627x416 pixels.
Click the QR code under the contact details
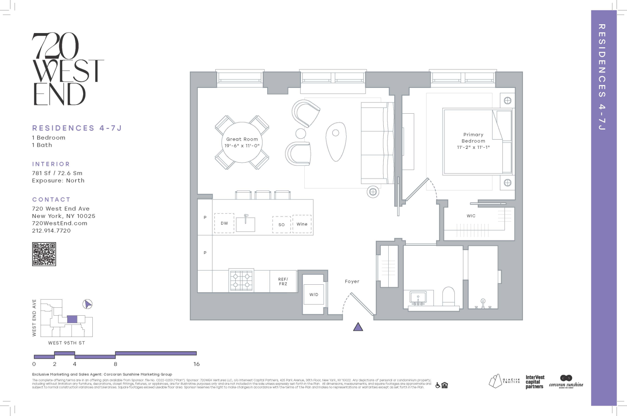[x=44, y=254]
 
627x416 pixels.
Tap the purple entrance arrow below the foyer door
[x=358, y=327]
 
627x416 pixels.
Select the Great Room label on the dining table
[x=242, y=139]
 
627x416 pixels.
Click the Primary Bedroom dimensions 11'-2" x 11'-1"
[x=473, y=147]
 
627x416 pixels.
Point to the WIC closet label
[x=471, y=216]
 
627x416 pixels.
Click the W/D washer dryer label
[x=314, y=294]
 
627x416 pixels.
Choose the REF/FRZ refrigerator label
[x=283, y=281]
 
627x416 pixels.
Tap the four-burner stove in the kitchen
[x=242, y=280]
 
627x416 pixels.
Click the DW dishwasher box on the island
[x=224, y=223]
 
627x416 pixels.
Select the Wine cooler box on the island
[x=302, y=224]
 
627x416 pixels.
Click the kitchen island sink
[x=245, y=223]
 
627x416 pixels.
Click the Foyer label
[x=352, y=281]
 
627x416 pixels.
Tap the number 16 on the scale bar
[x=196, y=364]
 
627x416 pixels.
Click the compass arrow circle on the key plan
[x=87, y=304]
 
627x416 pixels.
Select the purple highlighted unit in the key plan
[x=72, y=319]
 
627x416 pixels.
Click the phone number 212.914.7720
[x=51, y=230]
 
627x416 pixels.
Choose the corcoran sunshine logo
[x=566, y=382]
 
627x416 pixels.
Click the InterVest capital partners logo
[x=535, y=382]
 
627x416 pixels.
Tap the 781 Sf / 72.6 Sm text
[x=57, y=173]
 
